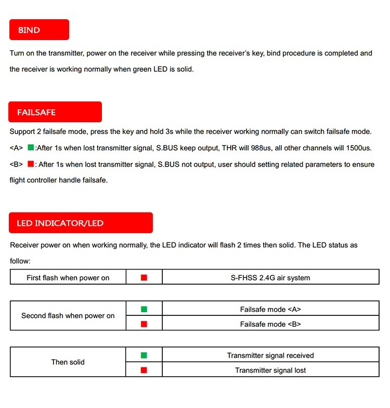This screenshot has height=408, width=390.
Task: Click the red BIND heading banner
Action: tap(39, 30)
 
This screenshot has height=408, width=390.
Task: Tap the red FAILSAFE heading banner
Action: tap(55, 112)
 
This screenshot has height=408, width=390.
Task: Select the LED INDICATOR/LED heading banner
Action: tap(81, 223)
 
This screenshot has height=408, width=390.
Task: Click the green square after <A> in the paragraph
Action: tap(31, 148)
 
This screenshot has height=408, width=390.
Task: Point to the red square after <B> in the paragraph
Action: tap(31, 164)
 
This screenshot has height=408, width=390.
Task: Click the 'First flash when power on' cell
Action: tap(68, 277)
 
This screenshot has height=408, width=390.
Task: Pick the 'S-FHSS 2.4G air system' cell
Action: tap(270, 277)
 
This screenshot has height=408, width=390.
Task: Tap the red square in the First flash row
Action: tap(144, 277)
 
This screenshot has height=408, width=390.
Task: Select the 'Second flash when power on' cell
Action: tap(68, 316)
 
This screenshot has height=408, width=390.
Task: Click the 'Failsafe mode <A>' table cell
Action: tap(270, 309)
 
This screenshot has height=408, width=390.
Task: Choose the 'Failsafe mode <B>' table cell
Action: tap(270, 324)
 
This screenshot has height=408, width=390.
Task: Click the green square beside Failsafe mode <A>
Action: tap(144, 309)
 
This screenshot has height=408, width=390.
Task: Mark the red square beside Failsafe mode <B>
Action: tap(144, 324)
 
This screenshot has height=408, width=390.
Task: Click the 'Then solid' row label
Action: tap(68, 362)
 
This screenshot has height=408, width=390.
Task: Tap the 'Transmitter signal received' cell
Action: tap(270, 355)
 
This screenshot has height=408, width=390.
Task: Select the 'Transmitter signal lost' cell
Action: tap(270, 370)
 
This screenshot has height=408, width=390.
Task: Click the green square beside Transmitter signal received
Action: tap(144, 355)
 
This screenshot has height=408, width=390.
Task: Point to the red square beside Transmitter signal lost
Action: tap(144, 370)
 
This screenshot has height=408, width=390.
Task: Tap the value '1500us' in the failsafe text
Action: tap(359, 148)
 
